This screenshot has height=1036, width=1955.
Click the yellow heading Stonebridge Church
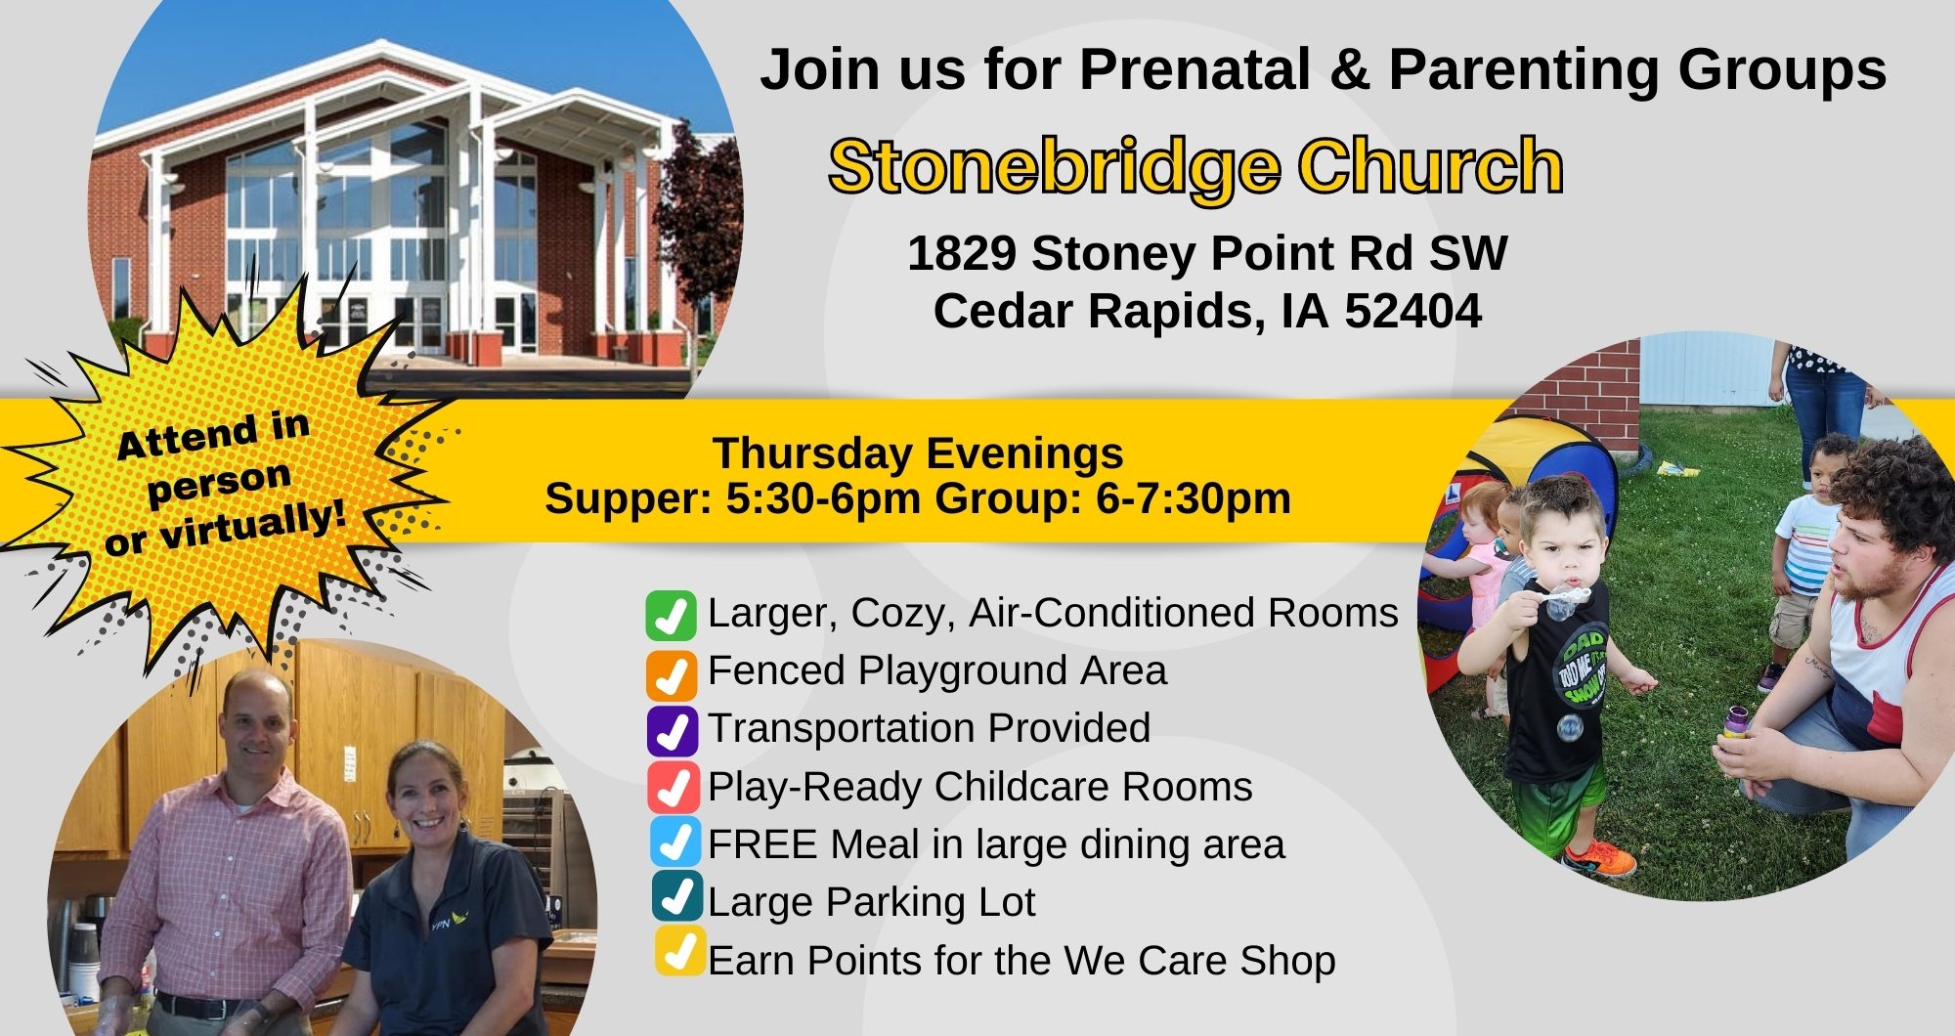click(x=1195, y=167)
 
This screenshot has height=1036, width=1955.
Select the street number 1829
click(x=962, y=253)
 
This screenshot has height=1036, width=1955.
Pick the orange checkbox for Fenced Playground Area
click(x=672, y=674)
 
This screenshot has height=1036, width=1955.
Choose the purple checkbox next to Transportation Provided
click(x=673, y=731)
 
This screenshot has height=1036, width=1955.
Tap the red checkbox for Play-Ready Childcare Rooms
click(x=673, y=787)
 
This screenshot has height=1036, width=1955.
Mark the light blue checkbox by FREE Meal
click(x=676, y=842)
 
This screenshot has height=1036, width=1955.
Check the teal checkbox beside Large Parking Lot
click(x=678, y=896)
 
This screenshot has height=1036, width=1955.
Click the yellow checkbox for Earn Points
click(x=680, y=951)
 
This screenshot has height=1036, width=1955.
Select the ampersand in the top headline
click(x=1349, y=70)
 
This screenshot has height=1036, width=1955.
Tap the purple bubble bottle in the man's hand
click(x=1735, y=722)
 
